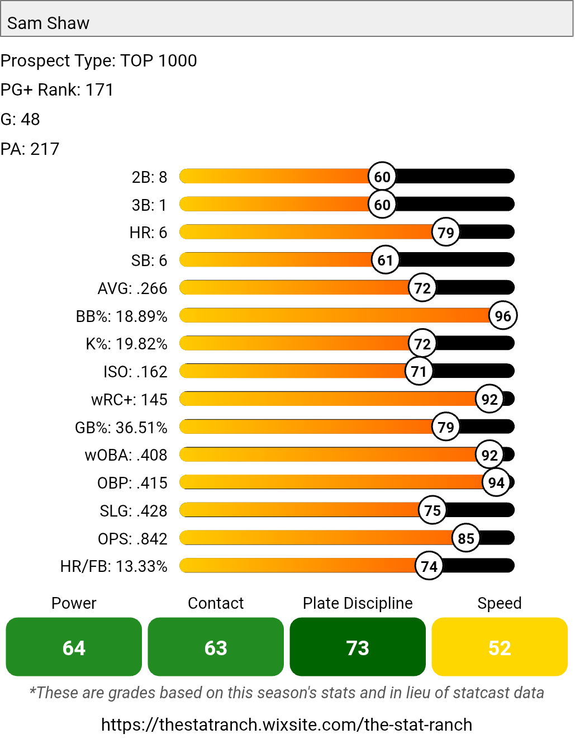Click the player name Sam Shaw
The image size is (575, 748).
click(48, 23)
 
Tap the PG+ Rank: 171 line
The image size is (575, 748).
click(57, 90)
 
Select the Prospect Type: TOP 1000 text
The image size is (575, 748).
click(98, 60)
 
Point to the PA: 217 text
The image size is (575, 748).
click(30, 149)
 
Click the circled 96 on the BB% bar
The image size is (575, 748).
click(503, 316)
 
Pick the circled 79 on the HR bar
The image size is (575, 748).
click(446, 232)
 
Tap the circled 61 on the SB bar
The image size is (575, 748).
click(386, 260)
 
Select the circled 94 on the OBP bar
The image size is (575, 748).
click(496, 482)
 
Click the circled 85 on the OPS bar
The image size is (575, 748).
click(466, 538)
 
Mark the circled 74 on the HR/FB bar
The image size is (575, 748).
click(429, 566)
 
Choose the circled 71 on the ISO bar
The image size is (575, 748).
click(419, 371)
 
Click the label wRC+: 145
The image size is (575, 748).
click(129, 400)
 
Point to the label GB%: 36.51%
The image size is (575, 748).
click(121, 428)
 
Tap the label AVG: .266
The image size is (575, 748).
click(132, 288)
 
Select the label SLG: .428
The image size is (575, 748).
click(134, 511)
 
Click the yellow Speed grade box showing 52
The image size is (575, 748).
click(500, 647)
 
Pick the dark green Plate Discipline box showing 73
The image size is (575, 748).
click(358, 647)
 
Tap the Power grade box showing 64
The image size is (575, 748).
click(74, 647)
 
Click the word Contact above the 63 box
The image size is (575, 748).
click(216, 603)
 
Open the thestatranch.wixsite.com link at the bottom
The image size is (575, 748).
click(287, 725)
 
